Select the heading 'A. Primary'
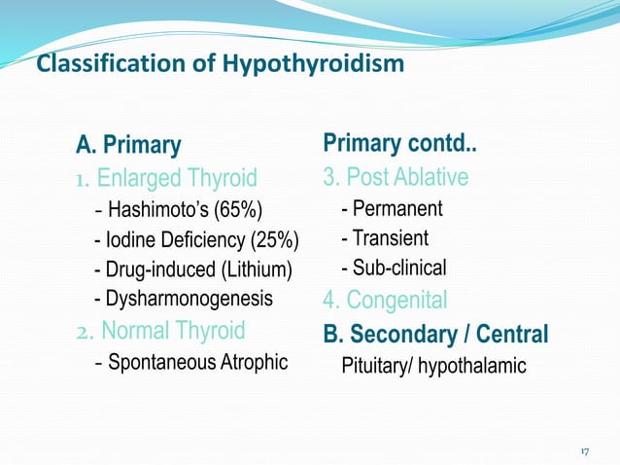click(128, 146)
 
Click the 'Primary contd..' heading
click(398, 145)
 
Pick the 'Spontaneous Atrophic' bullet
click(198, 363)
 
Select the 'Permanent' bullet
click(397, 209)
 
